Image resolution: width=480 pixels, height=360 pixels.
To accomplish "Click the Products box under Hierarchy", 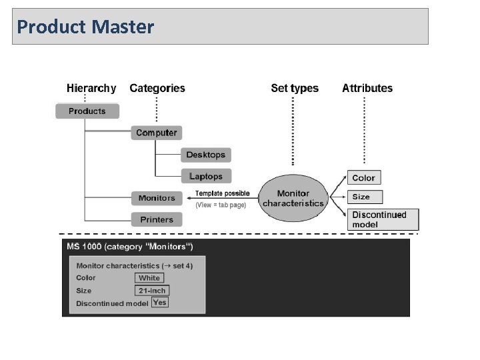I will (x=87, y=111).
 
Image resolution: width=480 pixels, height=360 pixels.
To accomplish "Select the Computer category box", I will (x=157, y=133).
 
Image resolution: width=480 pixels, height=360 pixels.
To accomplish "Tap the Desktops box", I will (x=205, y=155).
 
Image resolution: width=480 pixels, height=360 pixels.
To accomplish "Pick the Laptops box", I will (x=205, y=176).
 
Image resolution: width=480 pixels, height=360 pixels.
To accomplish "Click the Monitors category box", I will (x=157, y=198).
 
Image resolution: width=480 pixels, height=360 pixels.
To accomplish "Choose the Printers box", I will (x=157, y=219).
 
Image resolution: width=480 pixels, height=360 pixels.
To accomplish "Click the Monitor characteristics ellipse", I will (x=293, y=198).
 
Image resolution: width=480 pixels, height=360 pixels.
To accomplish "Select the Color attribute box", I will (x=363, y=178).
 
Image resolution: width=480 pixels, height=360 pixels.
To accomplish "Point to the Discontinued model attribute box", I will (x=384, y=219).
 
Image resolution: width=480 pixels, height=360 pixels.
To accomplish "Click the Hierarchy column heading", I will (x=91, y=88).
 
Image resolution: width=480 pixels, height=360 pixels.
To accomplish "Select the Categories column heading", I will (x=157, y=88).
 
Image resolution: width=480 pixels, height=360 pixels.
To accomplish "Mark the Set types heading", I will (x=295, y=88).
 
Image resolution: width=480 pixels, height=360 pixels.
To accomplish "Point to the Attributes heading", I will (x=367, y=88).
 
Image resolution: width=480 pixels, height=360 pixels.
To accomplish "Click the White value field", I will (x=149, y=278).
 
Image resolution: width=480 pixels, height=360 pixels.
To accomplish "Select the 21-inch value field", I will (x=152, y=291).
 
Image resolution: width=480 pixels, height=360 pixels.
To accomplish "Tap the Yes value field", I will (x=159, y=302).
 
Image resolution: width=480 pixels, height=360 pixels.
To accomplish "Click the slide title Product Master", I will (x=85, y=27).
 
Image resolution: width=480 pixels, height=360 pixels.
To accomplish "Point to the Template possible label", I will (x=222, y=193).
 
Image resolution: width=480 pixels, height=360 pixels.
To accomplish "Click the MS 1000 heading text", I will (x=130, y=247).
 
